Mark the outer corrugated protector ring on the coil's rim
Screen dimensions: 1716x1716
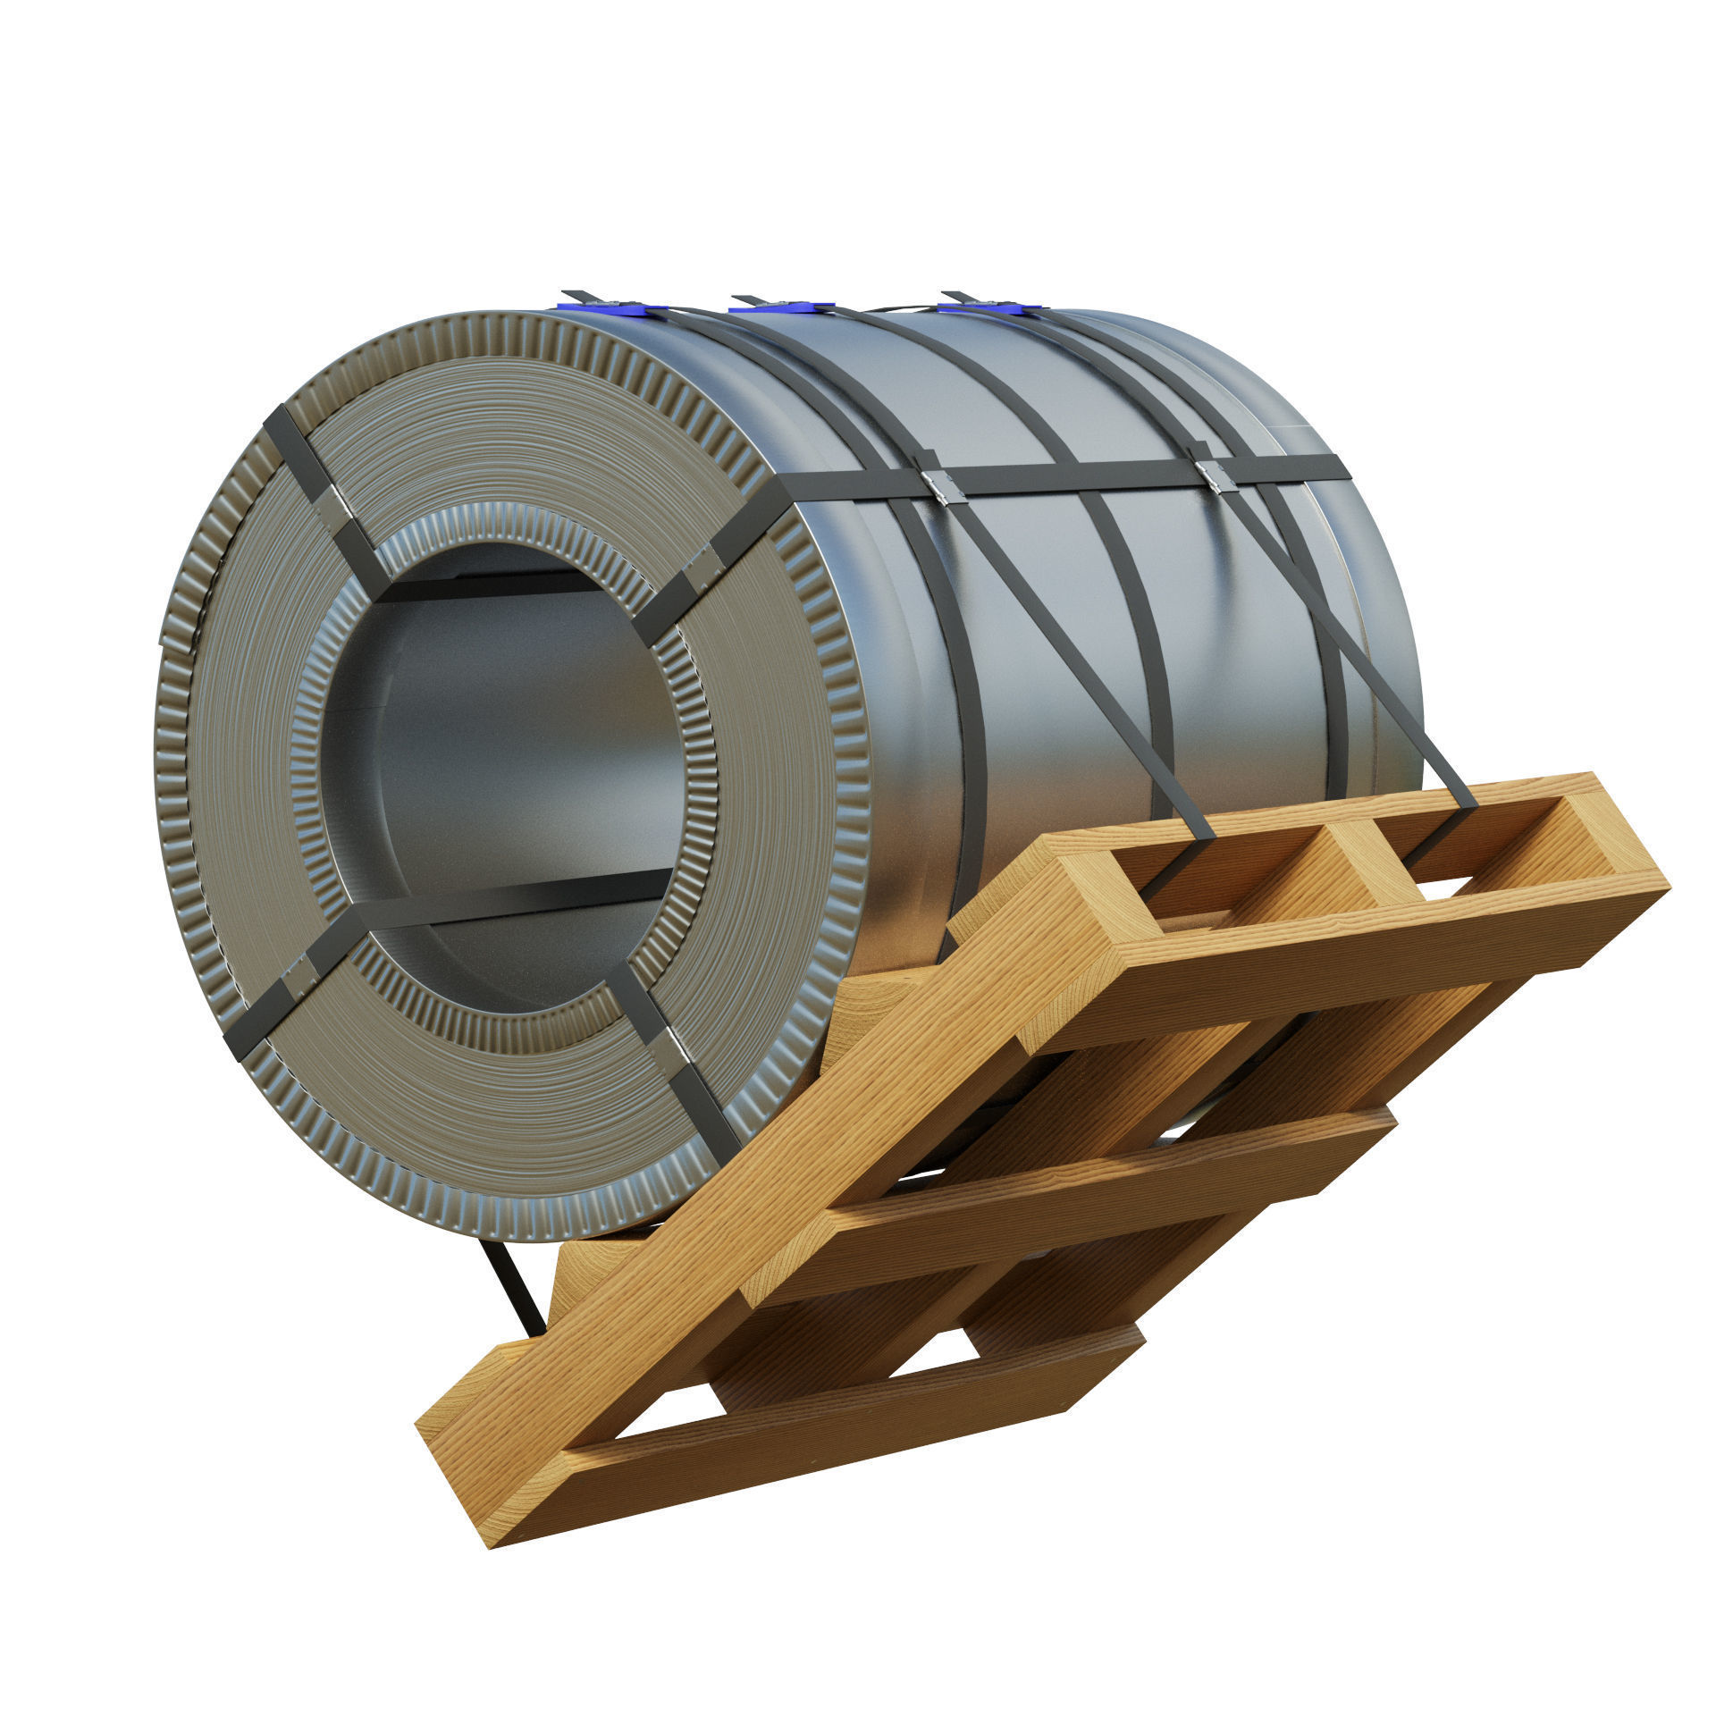(x=179, y=804)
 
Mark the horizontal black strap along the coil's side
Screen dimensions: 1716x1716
(x=1072, y=479)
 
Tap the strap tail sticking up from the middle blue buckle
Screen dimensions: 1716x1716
(x=747, y=298)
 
